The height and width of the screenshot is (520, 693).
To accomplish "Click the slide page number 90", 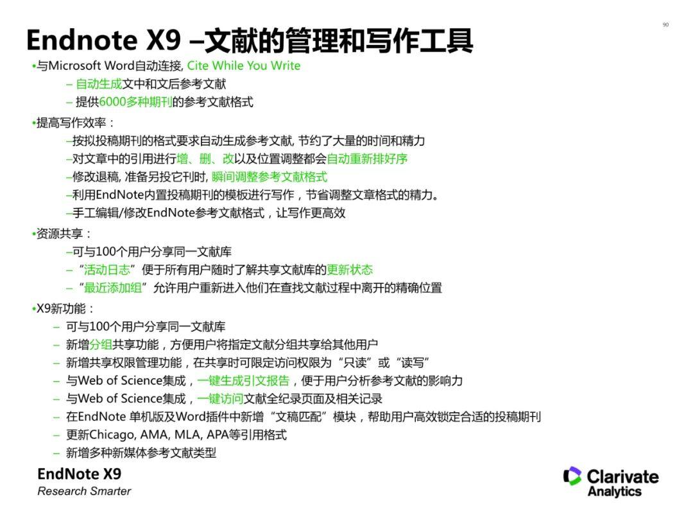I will point(665,25).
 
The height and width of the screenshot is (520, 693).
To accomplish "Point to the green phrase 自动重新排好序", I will point(367,159).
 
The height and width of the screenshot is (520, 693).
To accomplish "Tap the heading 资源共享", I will point(64,234).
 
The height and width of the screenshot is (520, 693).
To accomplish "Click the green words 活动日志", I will point(107,270).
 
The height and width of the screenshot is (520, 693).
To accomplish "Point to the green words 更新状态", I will point(350,270).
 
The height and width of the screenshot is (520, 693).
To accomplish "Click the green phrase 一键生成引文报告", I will point(243,381).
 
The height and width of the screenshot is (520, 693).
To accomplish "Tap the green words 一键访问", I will point(220,399).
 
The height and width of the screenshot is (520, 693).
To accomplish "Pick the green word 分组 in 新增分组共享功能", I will point(101,345).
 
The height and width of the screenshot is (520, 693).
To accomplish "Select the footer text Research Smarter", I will point(84,491).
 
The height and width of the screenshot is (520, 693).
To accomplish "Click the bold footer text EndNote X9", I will point(79,474).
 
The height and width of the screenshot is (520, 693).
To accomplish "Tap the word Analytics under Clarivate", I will point(614,492).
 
